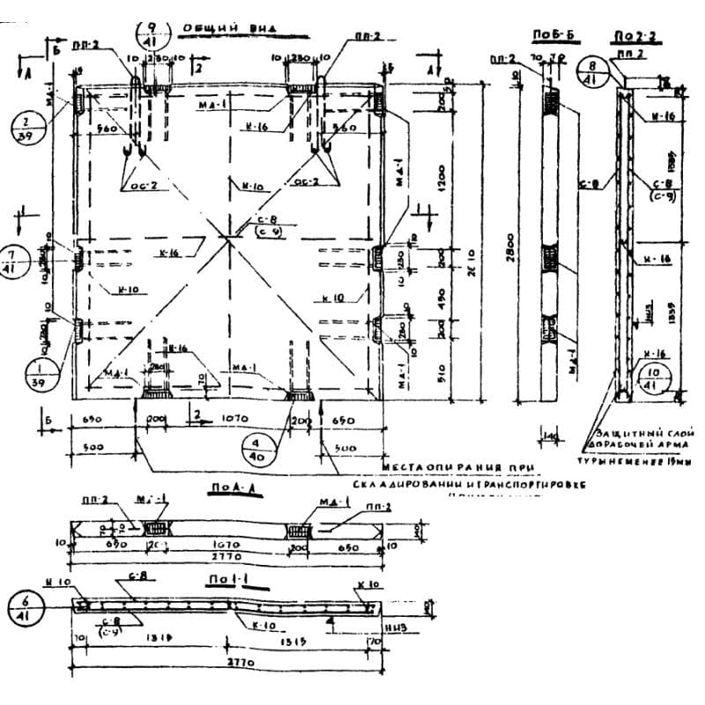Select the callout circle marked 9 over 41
coord(152,34)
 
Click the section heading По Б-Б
coord(548,34)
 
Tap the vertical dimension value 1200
coord(441,176)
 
